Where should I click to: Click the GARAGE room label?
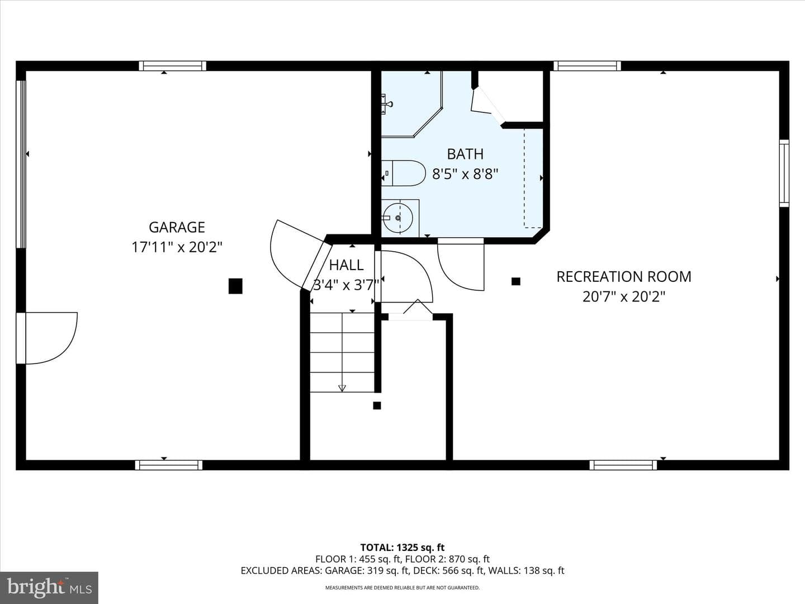pyautogui.click(x=177, y=227)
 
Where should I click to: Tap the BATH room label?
pyautogui.click(x=466, y=154)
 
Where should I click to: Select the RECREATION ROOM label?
pyautogui.click(x=624, y=276)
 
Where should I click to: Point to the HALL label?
pyautogui.click(x=346, y=265)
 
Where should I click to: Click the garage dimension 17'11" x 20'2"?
pyautogui.click(x=177, y=247)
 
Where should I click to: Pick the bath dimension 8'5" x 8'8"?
pyautogui.click(x=466, y=174)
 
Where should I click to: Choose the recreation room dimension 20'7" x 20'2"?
pyautogui.click(x=624, y=296)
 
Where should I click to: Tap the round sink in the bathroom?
pyautogui.click(x=398, y=218)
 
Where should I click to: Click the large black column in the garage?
pyautogui.click(x=235, y=286)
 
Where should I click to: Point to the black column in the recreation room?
pyautogui.click(x=516, y=281)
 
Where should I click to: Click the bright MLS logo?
pyautogui.click(x=49, y=588)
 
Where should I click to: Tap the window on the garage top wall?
pyautogui.click(x=172, y=66)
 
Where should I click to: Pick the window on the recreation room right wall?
pyautogui.click(x=784, y=173)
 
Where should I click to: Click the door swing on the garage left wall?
pyautogui.click(x=47, y=338)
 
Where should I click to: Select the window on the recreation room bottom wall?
pyautogui.click(x=623, y=465)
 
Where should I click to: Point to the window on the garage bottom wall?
pyautogui.click(x=169, y=465)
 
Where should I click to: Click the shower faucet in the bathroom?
pyautogui.click(x=387, y=104)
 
